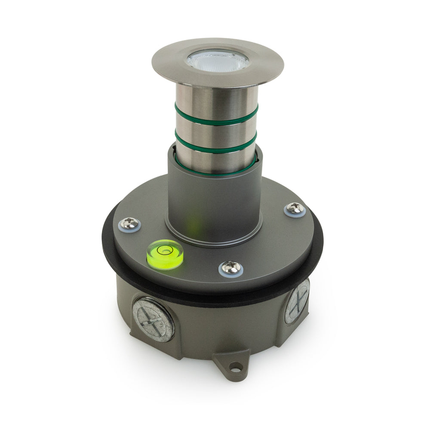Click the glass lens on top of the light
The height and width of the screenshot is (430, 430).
coord(218,60)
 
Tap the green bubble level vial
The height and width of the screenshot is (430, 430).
coord(165,254)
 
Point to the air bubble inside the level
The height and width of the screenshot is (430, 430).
coord(163,249)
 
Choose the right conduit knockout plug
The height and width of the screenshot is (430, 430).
coord(297,301)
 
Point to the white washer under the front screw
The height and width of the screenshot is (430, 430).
coord(231,273)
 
